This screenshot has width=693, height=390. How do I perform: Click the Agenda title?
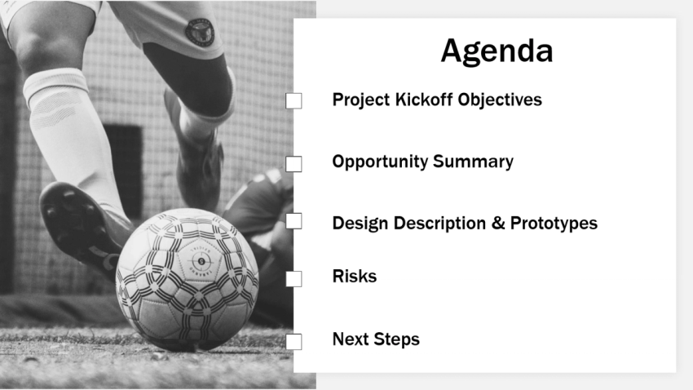[x=497, y=51]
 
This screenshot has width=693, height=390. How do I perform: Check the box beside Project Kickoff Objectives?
[x=294, y=100]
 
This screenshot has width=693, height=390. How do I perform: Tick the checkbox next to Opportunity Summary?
[x=294, y=164]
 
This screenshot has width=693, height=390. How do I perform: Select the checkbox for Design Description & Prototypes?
[x=294, y=221]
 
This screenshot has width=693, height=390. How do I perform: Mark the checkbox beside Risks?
[x=294, y=279]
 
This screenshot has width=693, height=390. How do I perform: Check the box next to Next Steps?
[x=294, y=342]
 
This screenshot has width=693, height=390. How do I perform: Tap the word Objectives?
[x=500, y=100]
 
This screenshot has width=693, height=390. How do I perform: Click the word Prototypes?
[x=554, y=224]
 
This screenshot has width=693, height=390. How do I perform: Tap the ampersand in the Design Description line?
[x=498, y=224]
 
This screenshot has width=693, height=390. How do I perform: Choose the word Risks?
[x=354, y=277]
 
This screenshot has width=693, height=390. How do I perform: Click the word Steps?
[x=397, y=339]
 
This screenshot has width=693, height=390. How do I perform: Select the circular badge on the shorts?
[x=199, y=31]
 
